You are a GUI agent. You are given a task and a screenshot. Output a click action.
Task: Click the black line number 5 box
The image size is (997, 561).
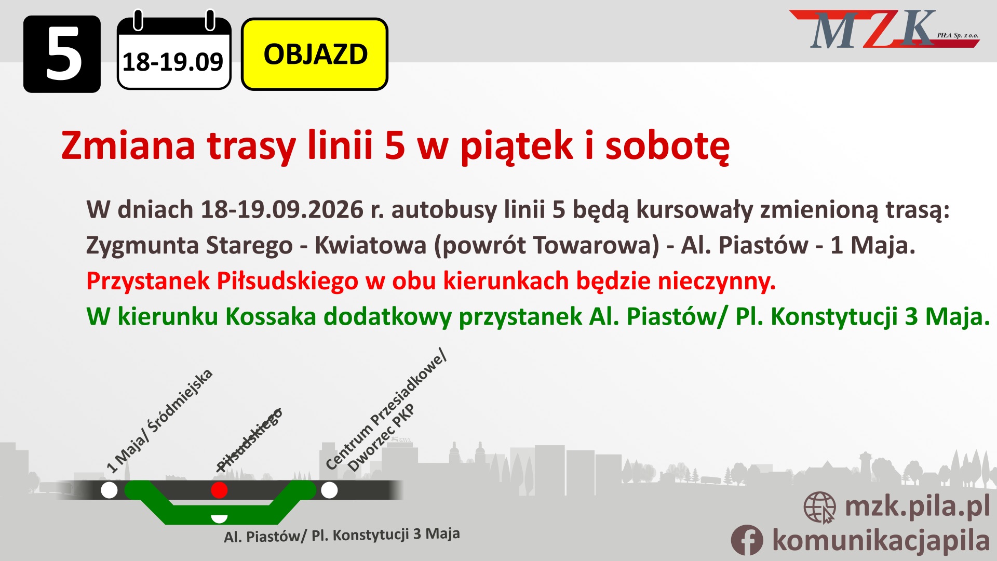point(62,54)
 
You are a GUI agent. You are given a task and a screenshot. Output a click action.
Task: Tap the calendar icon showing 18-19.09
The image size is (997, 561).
point(174,50)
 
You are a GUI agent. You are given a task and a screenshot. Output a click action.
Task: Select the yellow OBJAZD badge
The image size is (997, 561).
point(315,54)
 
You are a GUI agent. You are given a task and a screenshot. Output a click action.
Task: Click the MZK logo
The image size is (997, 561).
point(884,30)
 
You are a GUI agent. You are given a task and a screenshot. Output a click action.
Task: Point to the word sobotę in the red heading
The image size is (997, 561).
point(668,146)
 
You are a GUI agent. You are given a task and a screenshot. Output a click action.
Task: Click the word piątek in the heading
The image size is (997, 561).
point(517,146)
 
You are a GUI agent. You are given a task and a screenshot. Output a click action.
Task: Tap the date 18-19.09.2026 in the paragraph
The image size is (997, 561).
point(282,210)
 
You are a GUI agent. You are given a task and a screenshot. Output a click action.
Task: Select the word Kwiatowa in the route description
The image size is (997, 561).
point(371,245)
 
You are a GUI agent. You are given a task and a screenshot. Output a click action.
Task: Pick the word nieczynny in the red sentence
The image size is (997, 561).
point(717,281)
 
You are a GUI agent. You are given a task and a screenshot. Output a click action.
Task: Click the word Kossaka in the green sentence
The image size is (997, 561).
point(271,316)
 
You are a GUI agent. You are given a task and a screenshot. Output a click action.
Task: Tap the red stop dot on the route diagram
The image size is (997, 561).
point(219,490)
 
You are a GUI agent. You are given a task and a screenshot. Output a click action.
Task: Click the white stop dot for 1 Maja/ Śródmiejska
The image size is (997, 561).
point(109,490)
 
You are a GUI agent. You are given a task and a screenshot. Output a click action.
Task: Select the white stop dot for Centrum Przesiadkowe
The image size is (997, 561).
point(329,490)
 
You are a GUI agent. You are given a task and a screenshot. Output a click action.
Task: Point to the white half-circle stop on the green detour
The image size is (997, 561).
point(219,518)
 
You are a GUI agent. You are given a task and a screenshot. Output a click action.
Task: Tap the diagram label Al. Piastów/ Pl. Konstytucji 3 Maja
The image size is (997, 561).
point(342,536)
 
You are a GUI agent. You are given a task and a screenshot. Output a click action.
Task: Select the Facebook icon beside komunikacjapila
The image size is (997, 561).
point(747,540)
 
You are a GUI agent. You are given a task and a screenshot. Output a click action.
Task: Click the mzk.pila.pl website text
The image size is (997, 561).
point(918,506)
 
